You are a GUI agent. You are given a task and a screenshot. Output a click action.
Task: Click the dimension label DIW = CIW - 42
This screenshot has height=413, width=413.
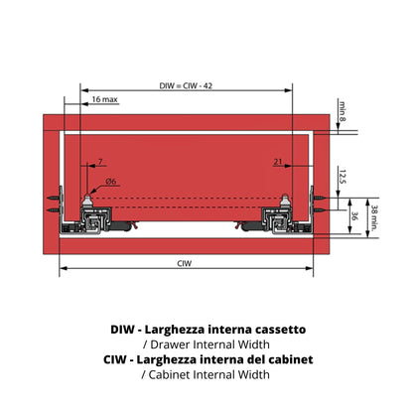click(186, 86)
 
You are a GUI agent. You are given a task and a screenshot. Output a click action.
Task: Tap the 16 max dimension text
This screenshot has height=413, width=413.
click(104, 99)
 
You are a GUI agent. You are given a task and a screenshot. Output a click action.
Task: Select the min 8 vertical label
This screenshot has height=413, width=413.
click(343, 110)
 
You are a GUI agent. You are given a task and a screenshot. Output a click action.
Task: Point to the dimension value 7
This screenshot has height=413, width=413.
click(100, 162)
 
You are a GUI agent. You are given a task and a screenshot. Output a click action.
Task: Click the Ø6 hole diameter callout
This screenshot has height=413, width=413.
click(111, 181)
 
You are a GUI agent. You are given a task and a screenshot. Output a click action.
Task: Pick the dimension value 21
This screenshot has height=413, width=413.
click(278, 162)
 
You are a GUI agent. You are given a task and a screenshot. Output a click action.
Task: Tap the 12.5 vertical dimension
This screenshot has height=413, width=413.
click(343, 177)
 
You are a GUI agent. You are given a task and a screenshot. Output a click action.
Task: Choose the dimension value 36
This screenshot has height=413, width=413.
click(354, 216)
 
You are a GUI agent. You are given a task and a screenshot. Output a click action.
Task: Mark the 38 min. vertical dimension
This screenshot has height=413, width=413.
click(374, 217)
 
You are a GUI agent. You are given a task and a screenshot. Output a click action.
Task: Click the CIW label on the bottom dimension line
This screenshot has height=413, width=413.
click(185, 263)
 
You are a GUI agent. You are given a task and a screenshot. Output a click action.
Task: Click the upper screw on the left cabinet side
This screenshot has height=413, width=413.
click(55, 198)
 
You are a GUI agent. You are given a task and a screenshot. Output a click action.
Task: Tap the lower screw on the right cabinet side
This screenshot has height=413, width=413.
click(320, 209)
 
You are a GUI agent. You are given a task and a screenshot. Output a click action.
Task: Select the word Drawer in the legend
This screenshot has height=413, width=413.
click(170, 344)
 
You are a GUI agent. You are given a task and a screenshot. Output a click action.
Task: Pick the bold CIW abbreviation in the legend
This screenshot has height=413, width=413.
click(115, 359)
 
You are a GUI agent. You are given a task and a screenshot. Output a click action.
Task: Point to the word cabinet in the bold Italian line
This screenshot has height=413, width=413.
click(291, 359)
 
